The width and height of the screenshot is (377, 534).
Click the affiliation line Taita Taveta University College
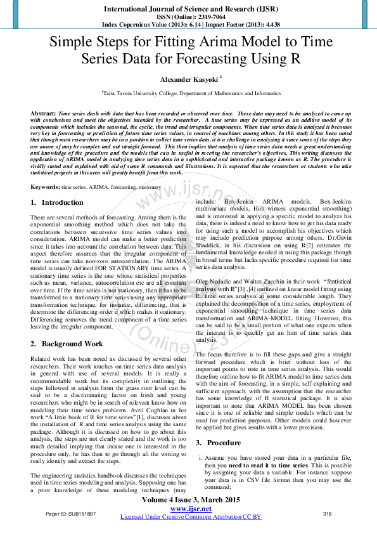(191, 93)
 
